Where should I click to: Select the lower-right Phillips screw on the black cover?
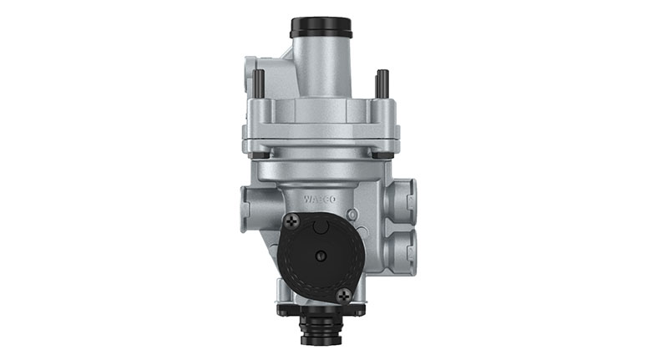coord(344,294)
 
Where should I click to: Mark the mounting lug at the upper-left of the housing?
coord(251,70)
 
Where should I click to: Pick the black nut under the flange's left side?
coord(260,155)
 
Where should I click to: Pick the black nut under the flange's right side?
coord(382,155)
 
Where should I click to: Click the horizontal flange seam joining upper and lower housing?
coord(321,134)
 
